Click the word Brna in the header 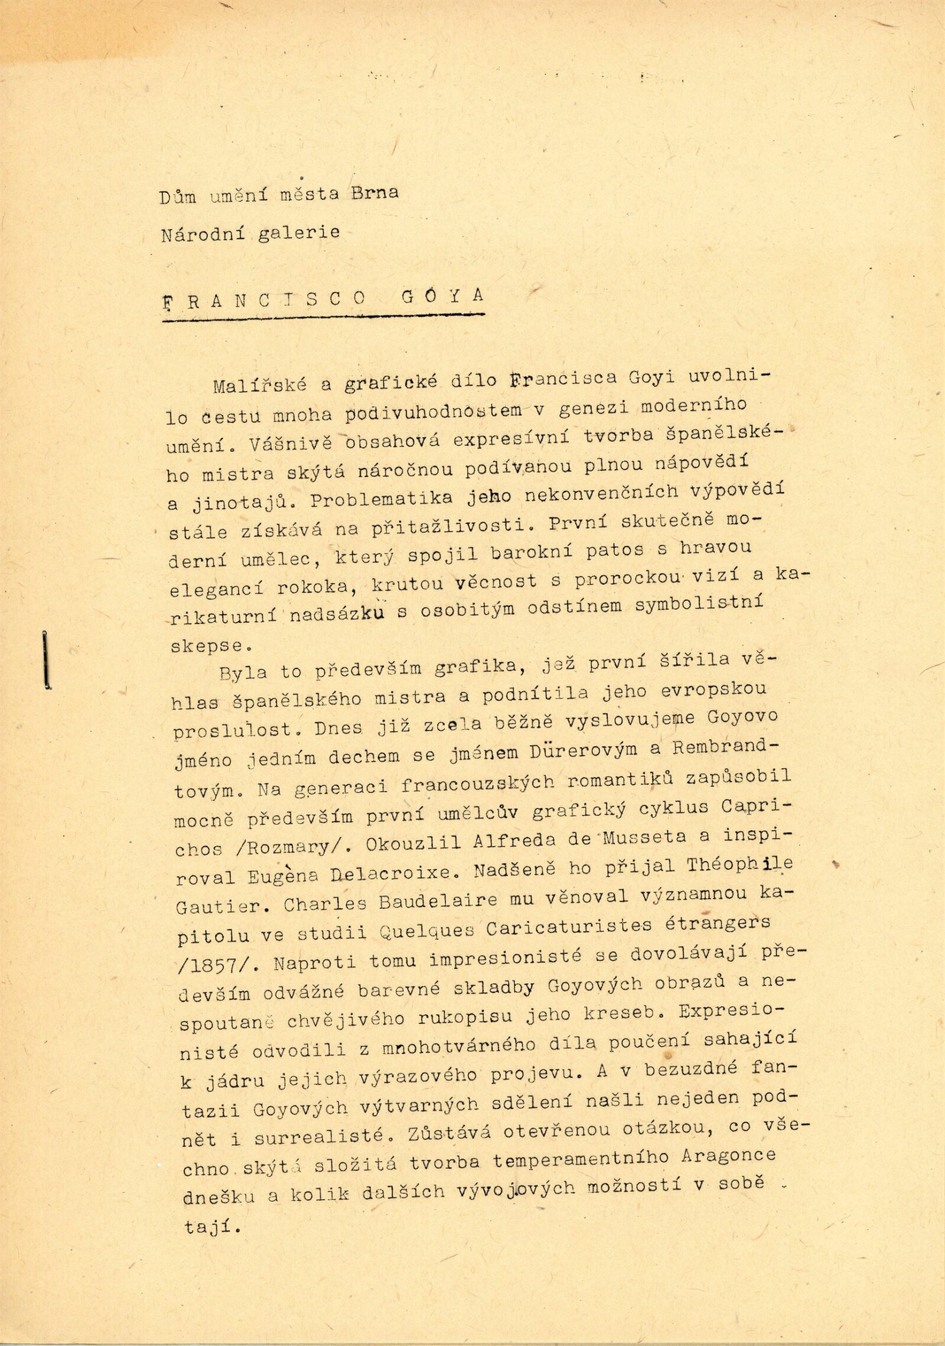374,193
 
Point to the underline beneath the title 324,318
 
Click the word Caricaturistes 569,928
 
